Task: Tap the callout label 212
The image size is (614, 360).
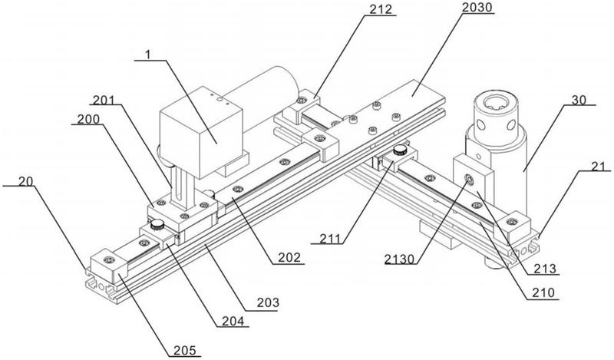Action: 380,9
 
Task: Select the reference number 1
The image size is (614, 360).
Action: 147,54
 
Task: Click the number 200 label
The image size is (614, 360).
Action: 88,119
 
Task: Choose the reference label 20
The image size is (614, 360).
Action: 25,181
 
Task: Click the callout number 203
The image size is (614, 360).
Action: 268,302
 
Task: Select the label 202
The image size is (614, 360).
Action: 289,257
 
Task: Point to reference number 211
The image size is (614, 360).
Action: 329,238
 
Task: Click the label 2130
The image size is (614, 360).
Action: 399,259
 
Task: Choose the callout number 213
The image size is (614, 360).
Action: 545,269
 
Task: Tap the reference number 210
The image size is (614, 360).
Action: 543,292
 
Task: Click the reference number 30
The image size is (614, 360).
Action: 579,100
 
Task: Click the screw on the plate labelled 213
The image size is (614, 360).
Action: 469,180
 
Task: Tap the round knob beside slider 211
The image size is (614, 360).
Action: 400,149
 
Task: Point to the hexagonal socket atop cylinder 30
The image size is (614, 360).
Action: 495,104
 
